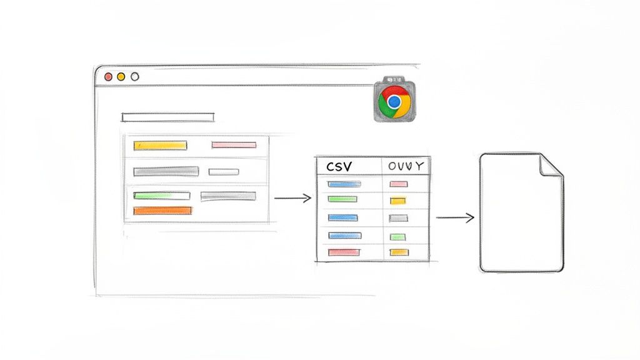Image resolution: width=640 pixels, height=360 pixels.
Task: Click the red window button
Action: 108,76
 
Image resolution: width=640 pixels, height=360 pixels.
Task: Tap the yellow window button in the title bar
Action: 121,76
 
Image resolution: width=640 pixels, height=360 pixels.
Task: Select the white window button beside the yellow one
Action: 134,76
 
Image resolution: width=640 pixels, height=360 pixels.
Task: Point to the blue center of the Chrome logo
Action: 394,101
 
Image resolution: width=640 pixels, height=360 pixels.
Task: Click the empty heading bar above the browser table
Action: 167,117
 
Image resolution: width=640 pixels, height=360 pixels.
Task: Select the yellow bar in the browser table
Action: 161,146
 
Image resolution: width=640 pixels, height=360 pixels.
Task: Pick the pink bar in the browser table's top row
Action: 234,145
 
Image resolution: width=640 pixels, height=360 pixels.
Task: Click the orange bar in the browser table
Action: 162,211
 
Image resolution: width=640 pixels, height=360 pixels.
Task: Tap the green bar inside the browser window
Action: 162,196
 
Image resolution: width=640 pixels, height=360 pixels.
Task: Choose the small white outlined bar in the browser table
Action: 224,172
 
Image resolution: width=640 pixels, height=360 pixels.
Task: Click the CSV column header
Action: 339,167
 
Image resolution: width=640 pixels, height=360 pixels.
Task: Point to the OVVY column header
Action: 406,167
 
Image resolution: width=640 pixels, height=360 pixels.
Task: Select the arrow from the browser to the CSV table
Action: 292,198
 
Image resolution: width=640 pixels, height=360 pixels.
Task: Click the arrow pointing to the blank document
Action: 454,217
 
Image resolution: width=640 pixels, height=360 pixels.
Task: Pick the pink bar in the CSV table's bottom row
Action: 344,252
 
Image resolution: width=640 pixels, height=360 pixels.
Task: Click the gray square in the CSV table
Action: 398,218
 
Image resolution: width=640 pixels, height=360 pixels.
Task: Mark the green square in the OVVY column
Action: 398,237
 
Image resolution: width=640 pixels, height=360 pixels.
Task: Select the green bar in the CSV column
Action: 343,199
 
